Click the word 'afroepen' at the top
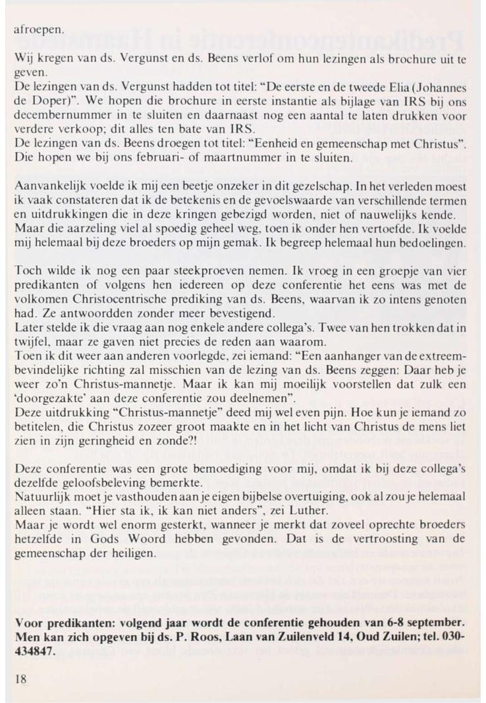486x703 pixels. pyautogui.click(x=40, y=30)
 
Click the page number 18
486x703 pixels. pyautogui.click(x=20, y=678)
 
